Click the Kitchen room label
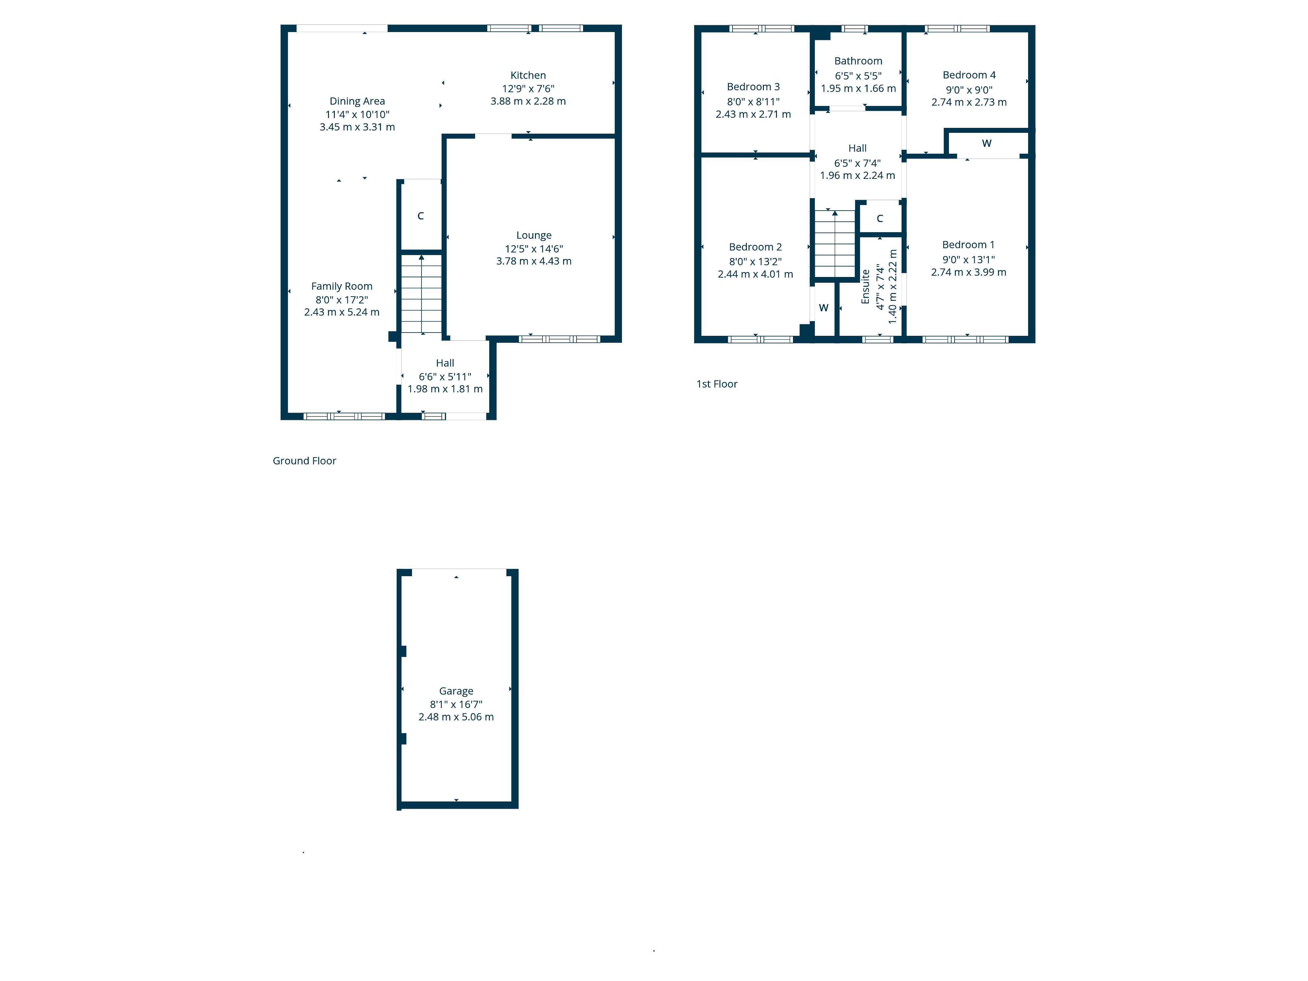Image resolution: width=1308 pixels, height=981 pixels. (528, 75)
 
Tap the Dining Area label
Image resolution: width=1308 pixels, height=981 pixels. (357, 101)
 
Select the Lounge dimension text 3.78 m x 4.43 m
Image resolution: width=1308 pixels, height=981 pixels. (534, 261)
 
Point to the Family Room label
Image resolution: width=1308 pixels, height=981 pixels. (342, 286)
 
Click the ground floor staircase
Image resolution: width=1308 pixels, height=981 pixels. (422, 294)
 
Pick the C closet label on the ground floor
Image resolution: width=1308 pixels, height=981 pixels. (421, 216)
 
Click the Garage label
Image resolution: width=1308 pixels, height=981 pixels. (456, 691)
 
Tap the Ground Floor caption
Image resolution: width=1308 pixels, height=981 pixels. (304, 461)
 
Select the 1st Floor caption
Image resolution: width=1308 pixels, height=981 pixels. (717, 384)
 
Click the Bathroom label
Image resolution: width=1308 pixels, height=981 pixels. (858, 61)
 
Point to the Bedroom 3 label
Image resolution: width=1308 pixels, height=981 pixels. (753, 87)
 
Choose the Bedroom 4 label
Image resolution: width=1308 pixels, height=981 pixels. (969, 75)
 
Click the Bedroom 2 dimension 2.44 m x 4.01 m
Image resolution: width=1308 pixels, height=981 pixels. (755, 274)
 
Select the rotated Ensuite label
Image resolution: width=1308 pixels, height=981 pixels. (866, 287)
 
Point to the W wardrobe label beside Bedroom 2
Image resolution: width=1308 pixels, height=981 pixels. (824, 307)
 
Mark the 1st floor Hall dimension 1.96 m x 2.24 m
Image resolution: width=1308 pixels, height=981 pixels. (857, 175)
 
